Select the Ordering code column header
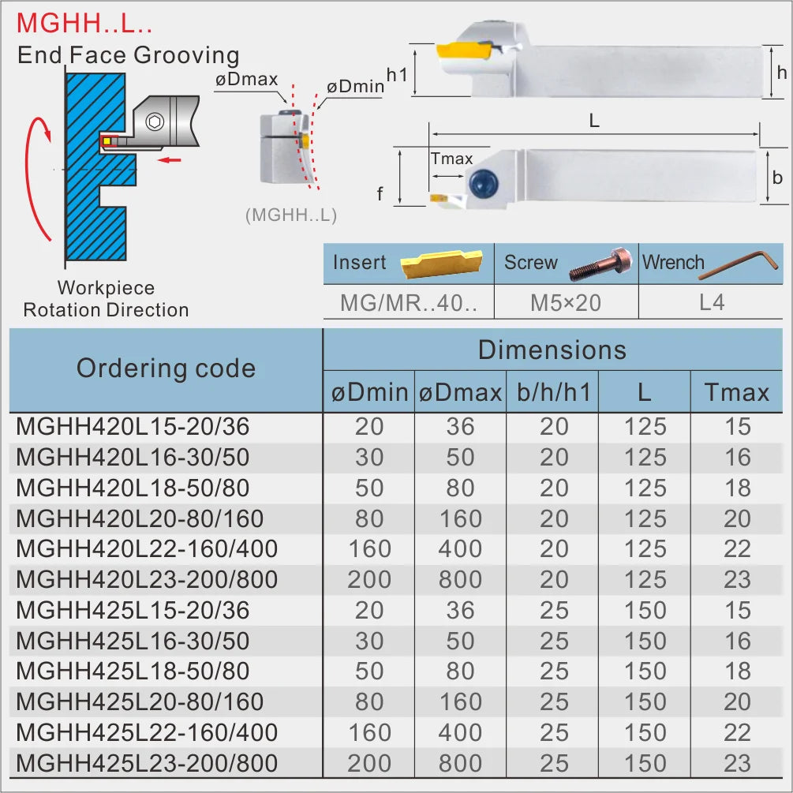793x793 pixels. coord(166,368)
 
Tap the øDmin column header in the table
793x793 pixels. coord(369,392)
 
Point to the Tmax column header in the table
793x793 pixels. coord(737,392)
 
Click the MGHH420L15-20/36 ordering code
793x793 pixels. coord(133,427)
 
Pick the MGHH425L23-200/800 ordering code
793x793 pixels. coord(147,763)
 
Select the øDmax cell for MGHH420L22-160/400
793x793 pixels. coord(460,548)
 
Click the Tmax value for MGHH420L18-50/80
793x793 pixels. coord(737,488)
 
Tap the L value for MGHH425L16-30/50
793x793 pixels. coord(645,641)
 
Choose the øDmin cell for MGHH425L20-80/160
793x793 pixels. coord(369,701)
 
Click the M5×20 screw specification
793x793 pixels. coord(566,302)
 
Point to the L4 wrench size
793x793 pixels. coord(711,302)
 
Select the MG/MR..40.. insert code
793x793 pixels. coord(409,302)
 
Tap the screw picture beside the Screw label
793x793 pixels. coord(602,264)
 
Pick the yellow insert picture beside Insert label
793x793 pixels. coord(443,264)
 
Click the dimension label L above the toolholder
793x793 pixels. coord(594,121)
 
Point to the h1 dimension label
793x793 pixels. coord(397,74)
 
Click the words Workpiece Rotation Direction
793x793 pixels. coord(106,299)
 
